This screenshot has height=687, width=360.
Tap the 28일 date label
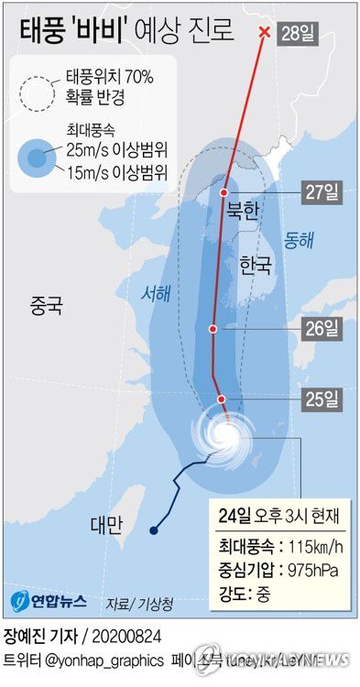coord(300,34)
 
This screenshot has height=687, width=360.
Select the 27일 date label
coord(322,192)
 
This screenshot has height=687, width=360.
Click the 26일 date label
coord(322,328)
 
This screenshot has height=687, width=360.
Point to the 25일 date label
coord(322,398)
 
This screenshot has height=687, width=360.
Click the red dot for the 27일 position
coord(224,192)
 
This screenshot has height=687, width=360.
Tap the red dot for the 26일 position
coord(213,328)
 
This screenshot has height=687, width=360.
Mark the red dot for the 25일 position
coord(222,398)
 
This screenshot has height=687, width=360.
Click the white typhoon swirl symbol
coord(223,436)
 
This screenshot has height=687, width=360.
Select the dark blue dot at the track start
coord(152,530)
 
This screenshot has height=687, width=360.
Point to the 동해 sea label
coord(298,240)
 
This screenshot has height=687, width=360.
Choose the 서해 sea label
coord(155,294)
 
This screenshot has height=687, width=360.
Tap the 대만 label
coord(108,525)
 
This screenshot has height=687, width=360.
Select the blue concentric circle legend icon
coord(38,158)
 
